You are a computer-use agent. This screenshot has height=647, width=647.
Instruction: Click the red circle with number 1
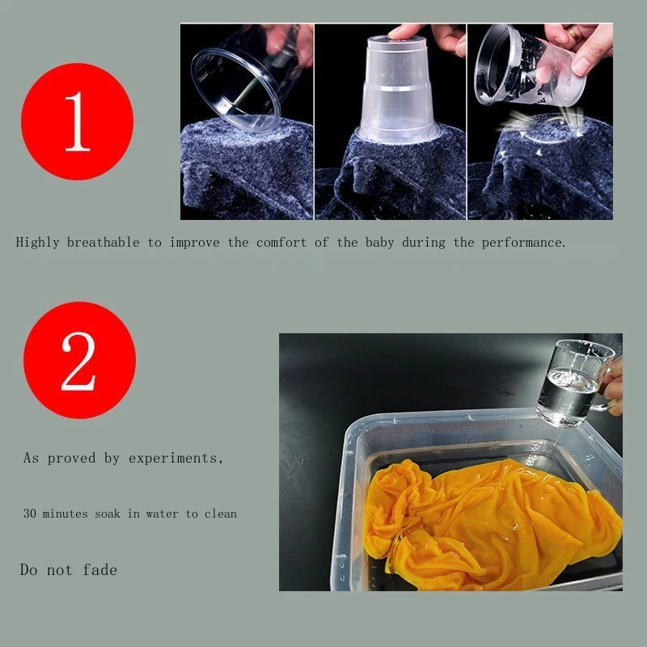(x=77, y=121)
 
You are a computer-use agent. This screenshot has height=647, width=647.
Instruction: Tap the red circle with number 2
(x=79, y=360)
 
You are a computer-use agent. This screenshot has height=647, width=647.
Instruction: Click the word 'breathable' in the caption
(x=104, y=242)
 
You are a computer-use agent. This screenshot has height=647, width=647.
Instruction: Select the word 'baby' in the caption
(x=379, y=242)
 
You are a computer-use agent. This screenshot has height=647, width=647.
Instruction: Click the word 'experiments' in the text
(x=173, y=458)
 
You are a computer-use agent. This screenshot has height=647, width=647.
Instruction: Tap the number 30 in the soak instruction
(x=30, y=514)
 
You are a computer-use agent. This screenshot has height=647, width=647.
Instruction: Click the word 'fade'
(x=99, y=569)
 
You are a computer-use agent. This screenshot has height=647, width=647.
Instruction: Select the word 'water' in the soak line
(x=163, y=514)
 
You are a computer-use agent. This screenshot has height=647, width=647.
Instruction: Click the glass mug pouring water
(x=573, y=382)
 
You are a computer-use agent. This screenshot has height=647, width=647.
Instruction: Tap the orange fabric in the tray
(x=491, y=522)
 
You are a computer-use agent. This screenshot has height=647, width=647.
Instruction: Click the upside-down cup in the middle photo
(x=397, y=90)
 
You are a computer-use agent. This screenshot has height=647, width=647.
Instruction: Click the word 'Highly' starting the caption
(x=37, y=242)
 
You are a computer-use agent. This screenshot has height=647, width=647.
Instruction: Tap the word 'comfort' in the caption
(x=281, y=242)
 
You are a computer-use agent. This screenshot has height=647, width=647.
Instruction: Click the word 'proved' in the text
(x=71, y=458)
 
